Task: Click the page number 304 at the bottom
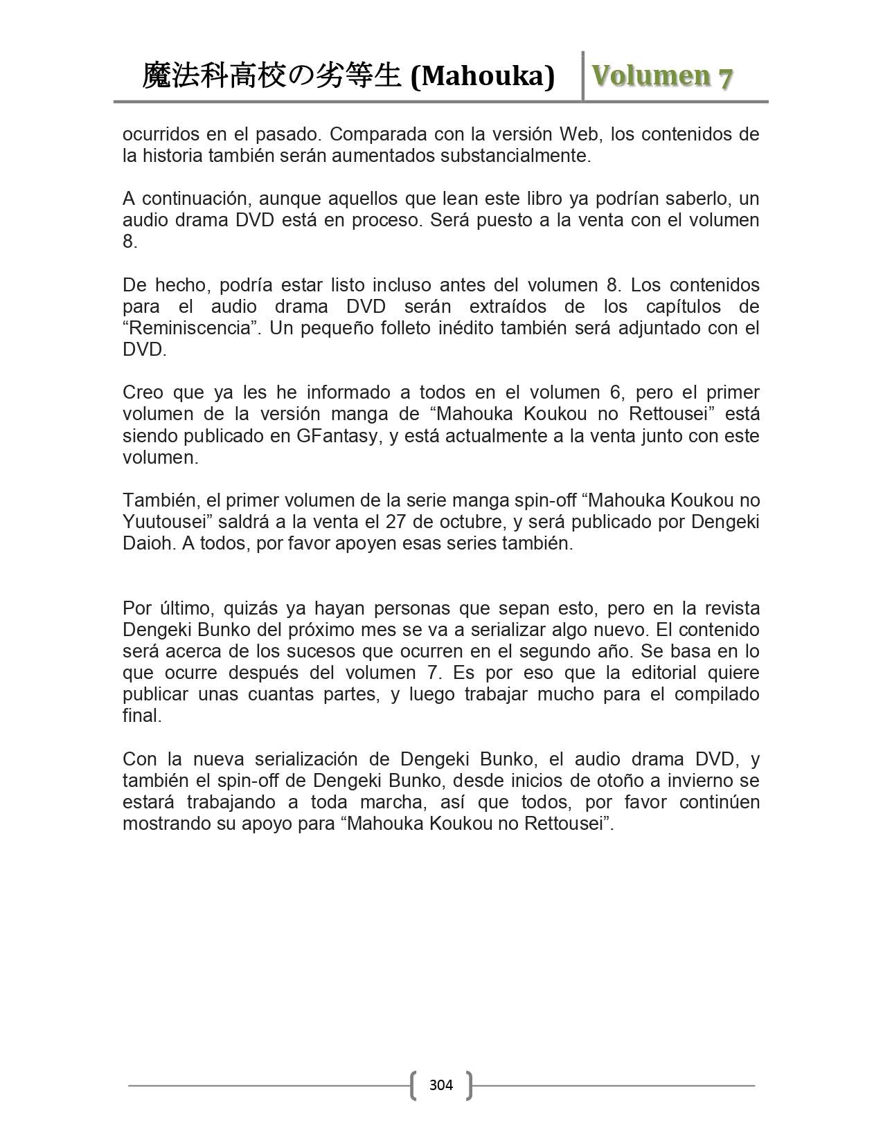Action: click(440, 1085)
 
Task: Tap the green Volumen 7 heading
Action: click(662, 76)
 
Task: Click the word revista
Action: click(731, 608)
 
